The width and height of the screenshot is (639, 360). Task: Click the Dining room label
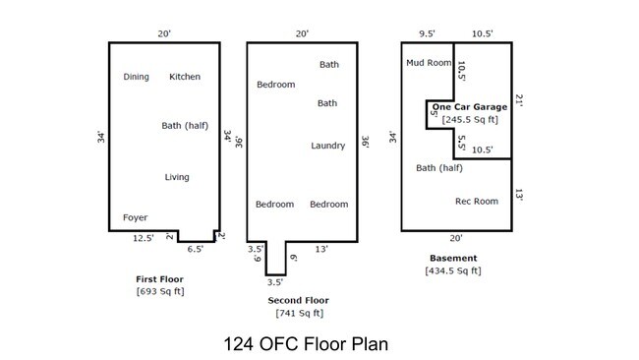136,77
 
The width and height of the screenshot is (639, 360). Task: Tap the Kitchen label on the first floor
185,77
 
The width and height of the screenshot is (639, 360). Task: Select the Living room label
177,177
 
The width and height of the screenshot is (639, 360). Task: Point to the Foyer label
136,217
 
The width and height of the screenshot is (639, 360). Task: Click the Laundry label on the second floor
328,146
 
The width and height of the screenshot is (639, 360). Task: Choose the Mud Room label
429,63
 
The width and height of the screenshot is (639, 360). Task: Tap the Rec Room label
477,202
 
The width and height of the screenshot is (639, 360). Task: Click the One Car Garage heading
470,107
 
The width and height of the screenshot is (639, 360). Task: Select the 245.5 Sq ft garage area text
470,120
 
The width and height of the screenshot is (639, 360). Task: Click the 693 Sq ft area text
160,291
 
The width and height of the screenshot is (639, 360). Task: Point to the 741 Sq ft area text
300,313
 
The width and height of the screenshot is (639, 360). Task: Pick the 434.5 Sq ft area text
453,270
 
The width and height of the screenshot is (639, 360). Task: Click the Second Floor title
298,300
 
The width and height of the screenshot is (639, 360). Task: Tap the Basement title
453,258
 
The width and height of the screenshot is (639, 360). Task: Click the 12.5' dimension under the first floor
144,238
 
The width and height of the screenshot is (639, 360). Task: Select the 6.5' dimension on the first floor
196,249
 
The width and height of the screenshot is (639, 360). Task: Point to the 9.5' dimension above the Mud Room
427,33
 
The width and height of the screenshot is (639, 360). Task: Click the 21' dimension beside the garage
519,100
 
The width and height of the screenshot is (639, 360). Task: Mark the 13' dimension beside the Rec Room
519,195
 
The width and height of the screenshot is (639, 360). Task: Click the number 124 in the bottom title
239,344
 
